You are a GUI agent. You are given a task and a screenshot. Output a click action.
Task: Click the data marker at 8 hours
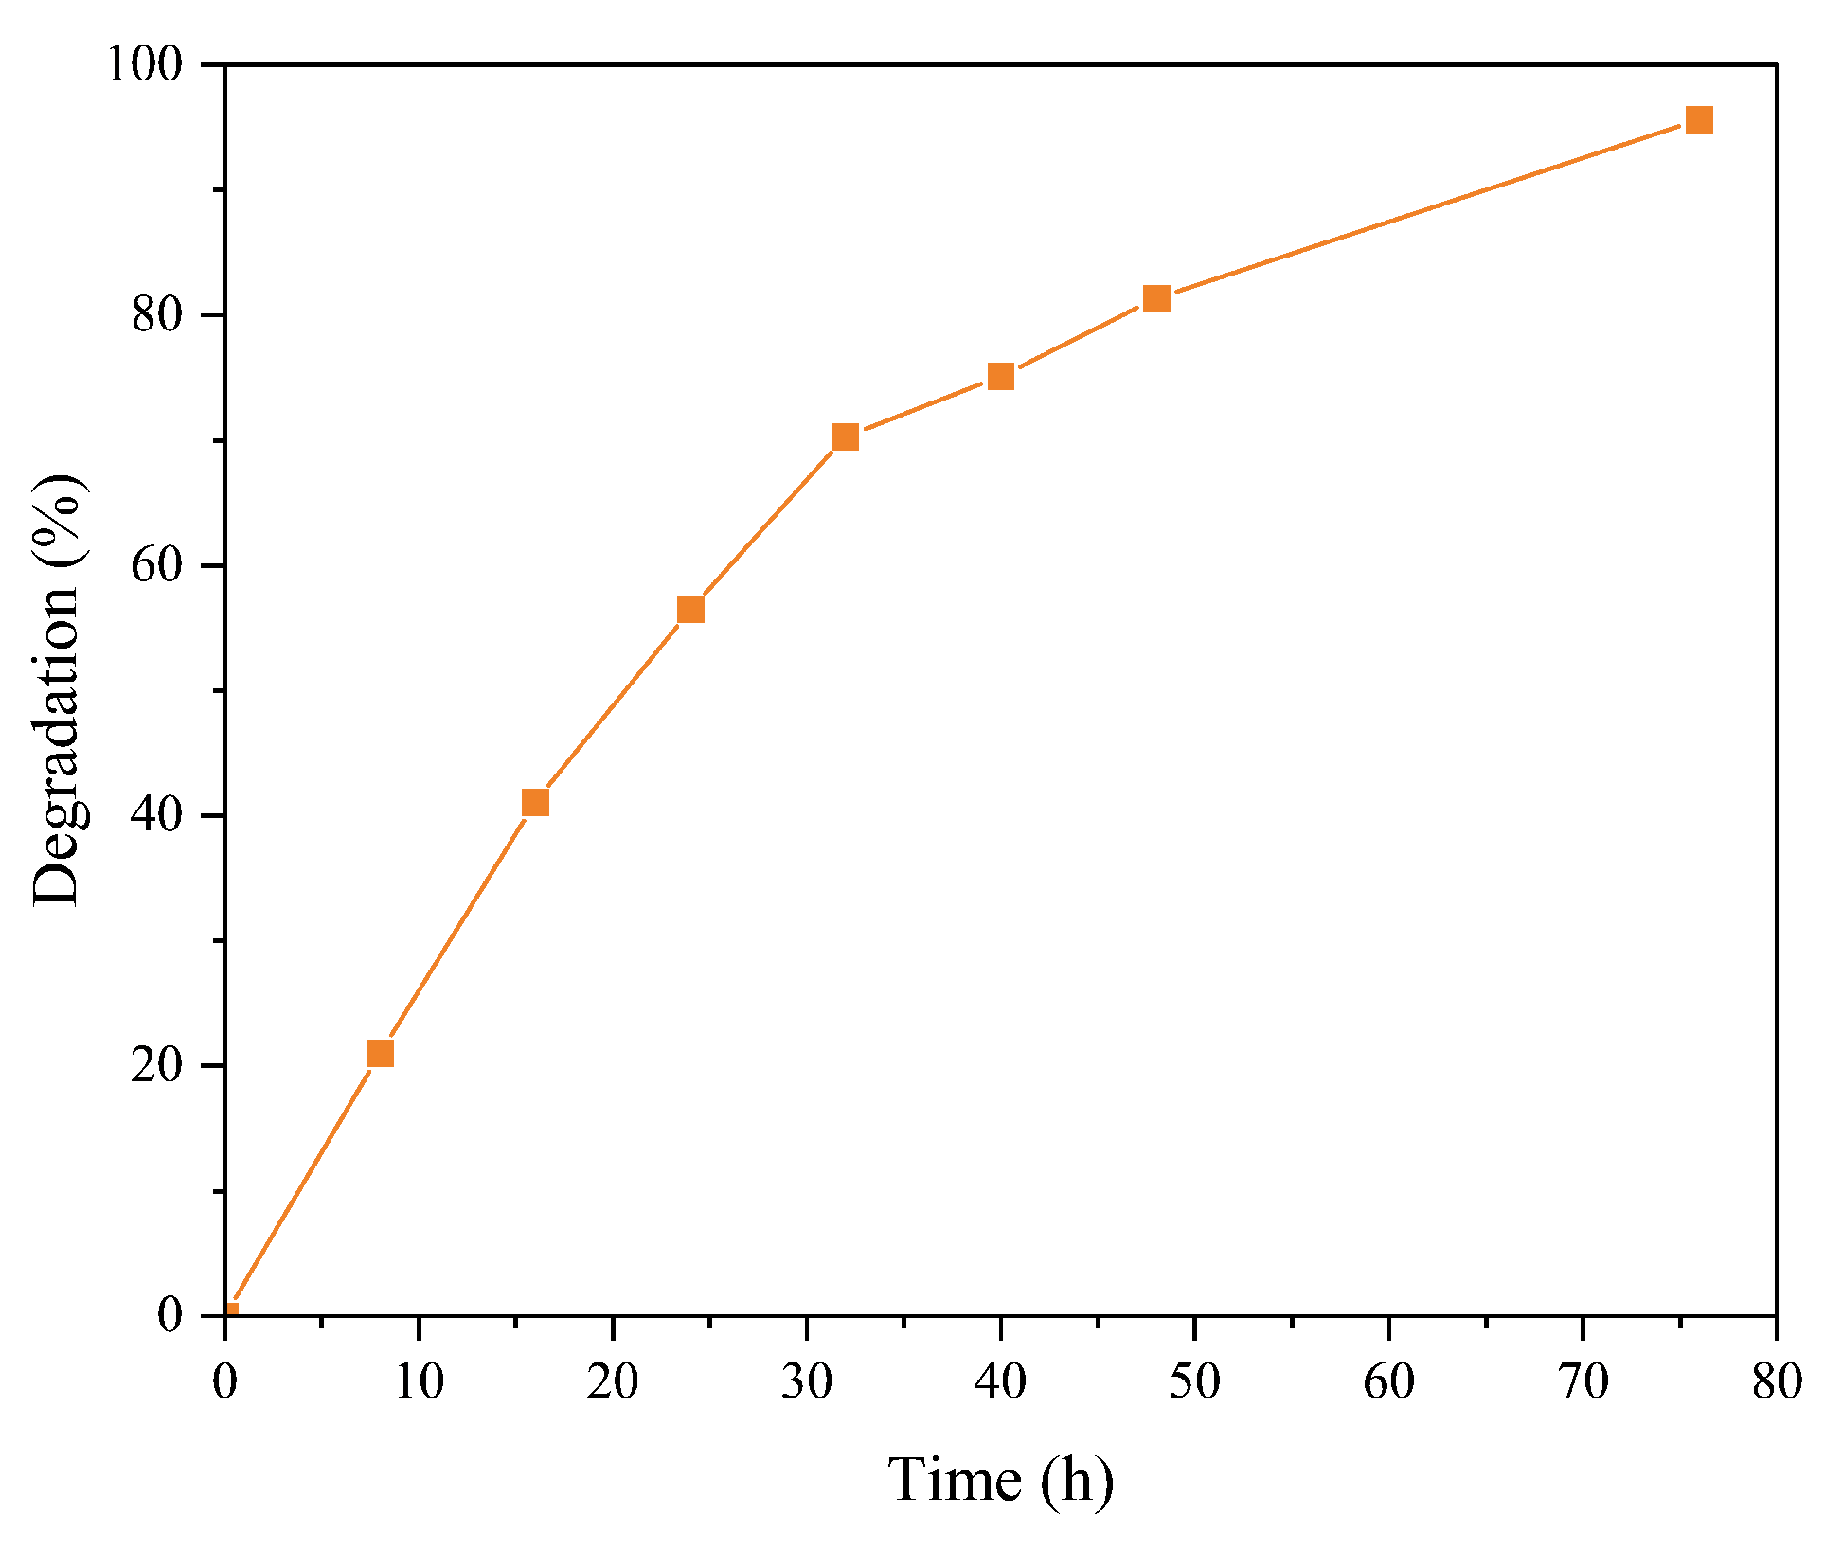pos(380,1053)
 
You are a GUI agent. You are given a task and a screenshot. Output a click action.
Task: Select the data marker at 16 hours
pos(535,803)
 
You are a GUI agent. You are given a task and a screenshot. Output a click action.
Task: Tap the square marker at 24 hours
pos(690,609)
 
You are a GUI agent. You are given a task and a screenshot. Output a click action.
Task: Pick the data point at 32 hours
pos(846,436)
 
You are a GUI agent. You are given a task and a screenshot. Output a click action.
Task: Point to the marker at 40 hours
pos(1001,377)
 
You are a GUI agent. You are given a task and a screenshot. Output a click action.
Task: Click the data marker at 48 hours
pos(1156,299)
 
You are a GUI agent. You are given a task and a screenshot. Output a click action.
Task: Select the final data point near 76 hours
pos(1699,120)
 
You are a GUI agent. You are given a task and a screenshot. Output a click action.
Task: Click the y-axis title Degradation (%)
pos(59,691)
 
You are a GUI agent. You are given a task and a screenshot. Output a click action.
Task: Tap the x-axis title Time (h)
pos(1000,1479)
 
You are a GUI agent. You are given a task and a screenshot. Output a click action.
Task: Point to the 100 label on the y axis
pos(143,66)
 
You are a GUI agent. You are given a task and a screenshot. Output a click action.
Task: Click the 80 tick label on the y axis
pos(156,315)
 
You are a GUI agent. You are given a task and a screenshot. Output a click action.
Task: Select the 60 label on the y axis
pos(156,566)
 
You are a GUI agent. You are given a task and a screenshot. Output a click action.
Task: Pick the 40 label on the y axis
pos(156,816)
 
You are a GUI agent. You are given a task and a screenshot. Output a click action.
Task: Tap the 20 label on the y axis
pos(156,1066)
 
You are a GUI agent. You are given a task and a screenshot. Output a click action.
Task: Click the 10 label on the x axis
pos(419,1381)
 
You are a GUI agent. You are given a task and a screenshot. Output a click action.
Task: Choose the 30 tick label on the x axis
pos(807,1381)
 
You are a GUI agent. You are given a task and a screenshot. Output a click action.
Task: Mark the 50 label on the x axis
pos(1195,1381)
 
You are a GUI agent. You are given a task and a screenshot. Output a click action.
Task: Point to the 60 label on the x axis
pos(1388,1381)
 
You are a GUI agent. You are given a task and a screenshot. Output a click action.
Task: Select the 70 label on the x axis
pos(1583,1381)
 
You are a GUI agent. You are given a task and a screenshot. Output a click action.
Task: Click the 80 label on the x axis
pos(1777,1381)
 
